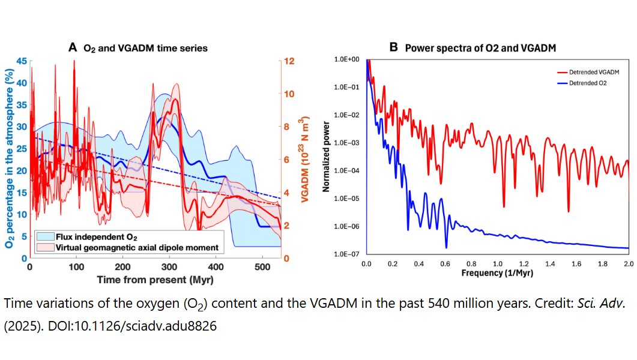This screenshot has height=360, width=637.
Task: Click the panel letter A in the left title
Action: coord(73,47)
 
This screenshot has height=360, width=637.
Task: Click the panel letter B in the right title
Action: coord(394,47)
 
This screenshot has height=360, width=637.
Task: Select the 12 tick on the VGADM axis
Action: coord(288,61)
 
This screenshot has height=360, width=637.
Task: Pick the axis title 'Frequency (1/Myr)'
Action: coord(497,272)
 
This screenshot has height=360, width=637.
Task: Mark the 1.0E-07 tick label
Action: coord(347,254)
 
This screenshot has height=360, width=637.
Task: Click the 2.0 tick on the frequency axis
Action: coord(629,264)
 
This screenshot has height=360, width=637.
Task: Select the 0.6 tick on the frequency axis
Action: coord(445,264)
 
